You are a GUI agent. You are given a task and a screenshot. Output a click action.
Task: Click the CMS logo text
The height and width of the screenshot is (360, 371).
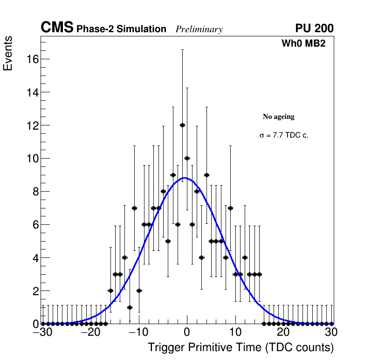pyautogui.click(x=57, y=28)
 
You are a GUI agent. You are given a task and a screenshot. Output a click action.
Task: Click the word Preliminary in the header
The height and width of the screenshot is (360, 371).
pyautogui.click(x=199, y=29)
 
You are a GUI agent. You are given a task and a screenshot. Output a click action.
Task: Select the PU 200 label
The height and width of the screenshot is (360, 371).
pyautogui.click(x=314, y=28)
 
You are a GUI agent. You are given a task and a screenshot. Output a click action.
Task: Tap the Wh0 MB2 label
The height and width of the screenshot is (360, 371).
pyautogui.click(x=303, y=43)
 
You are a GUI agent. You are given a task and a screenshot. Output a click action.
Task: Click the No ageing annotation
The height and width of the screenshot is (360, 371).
pyautogui.click(x=279, y=117)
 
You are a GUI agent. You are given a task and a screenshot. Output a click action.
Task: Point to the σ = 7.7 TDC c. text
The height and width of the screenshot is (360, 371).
pyautogui.click(x=284, y=136)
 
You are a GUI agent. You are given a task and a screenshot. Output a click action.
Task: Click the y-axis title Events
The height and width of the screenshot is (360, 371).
pyautogui.click(x=8, y=54)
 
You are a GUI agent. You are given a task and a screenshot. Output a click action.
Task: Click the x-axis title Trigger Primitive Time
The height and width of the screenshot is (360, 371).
pyautogui.click(x=240, y=347)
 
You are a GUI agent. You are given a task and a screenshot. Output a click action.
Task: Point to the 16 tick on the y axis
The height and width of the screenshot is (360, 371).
pyautogui.click(x=32, y=59)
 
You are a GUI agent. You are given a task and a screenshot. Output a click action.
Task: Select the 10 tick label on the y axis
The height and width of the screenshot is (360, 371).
pyautogui.click(x=32, y=159)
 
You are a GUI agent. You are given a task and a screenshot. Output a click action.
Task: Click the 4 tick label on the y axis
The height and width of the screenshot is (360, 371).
pyautogui.click(x=34, y=258)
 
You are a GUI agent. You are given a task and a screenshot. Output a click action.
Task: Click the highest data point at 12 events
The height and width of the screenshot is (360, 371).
pyautogui.click(x=182, y=125)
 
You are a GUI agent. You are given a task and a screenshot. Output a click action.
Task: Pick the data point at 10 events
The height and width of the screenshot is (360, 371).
pyautogui.click(x=187, y=158)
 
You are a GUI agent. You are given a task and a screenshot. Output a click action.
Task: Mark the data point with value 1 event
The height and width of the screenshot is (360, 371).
pyautogui.click(x=130, y=307)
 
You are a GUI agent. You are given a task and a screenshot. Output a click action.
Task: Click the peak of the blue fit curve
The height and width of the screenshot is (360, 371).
pyautogui.click(x=185, y=178)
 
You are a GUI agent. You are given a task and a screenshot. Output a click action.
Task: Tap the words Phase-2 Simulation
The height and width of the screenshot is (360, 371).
pyautogui.click(x=121, y=29)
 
